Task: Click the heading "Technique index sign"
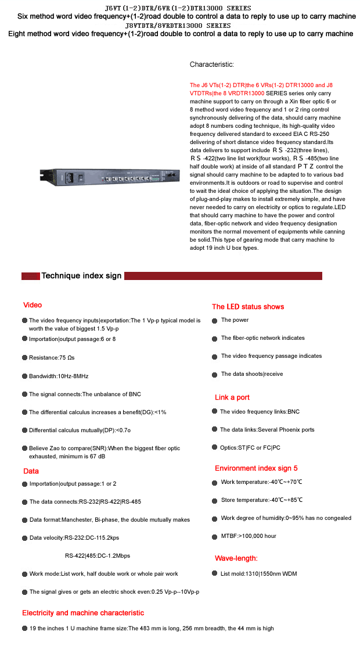pos(81,275)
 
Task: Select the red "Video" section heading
pos(33,305)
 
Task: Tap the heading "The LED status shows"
pos(248,307)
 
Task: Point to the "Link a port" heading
pos(232,397)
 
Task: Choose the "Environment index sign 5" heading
pos(256,468)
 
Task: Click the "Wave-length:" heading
pos(236,558)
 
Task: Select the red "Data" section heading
pos(31,471)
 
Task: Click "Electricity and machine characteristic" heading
pos(83,613)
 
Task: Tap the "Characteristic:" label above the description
pos(212,64)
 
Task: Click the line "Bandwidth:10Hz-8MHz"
pos(59,376)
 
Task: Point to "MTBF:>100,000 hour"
pos(249,536)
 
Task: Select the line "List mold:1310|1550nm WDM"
pos(259,574)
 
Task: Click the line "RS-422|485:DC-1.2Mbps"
pos(98,555)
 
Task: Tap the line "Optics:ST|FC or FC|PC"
pos(250,448)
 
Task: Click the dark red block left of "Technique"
pos(30,276)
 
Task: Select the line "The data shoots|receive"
pos(252,374)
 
